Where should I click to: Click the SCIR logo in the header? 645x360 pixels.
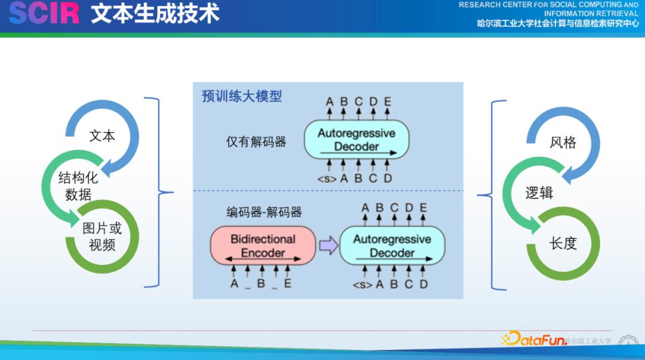coord(44,13)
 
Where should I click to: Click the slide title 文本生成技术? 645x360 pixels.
coord(155,13)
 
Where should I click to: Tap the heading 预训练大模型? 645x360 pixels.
coord(241,96)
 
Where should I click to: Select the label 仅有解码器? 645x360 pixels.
coord(256,141)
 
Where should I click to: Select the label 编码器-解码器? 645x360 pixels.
coord(263,212)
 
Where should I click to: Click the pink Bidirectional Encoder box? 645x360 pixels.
coord(263,245)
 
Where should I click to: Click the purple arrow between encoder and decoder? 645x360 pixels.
coord(328,245)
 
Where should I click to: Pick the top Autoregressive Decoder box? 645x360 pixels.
coord(356,140)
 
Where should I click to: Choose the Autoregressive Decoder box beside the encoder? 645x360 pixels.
coord(392,245)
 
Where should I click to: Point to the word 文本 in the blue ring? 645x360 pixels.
coord(102,136)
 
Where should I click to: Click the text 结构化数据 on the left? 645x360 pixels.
coord(78,186)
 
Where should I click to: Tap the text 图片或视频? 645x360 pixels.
coord(102,236)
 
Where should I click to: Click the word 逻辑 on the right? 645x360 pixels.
coord(539,193)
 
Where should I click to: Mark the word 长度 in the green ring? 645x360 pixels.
coord(563,243)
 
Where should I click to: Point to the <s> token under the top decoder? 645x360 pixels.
coord(327,178)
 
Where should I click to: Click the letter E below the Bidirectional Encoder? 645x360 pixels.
coord(288,284)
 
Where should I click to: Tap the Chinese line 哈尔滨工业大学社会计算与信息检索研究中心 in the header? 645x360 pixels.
coord(557,24)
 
